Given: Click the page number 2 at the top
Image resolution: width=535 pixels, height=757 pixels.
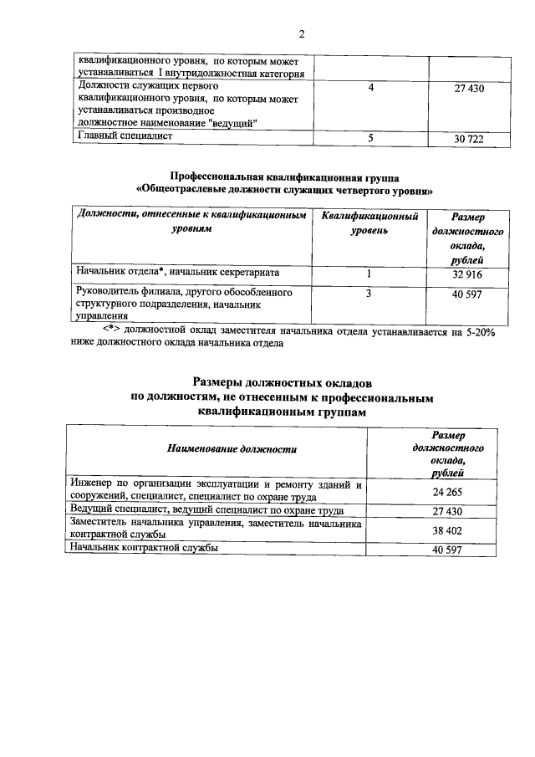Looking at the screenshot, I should point(302,33).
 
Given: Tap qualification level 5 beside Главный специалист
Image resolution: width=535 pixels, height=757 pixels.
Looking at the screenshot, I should point(369,139).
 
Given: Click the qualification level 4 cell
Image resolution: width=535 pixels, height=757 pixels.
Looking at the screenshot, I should point(370,88).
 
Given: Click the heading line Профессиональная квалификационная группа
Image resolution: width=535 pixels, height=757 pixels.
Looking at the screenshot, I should point(284,177).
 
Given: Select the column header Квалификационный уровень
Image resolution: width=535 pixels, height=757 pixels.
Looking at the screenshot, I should point(370,222).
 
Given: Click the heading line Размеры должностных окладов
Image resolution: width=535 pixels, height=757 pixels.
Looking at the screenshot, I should point(284,382).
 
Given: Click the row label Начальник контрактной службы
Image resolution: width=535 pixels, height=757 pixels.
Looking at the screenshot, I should point(145,548).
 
